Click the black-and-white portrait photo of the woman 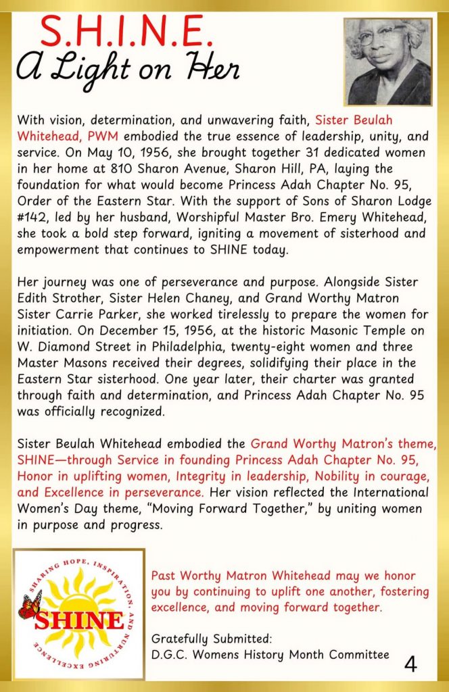click(x=387, y=61)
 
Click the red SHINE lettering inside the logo click(x=79, y=619)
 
